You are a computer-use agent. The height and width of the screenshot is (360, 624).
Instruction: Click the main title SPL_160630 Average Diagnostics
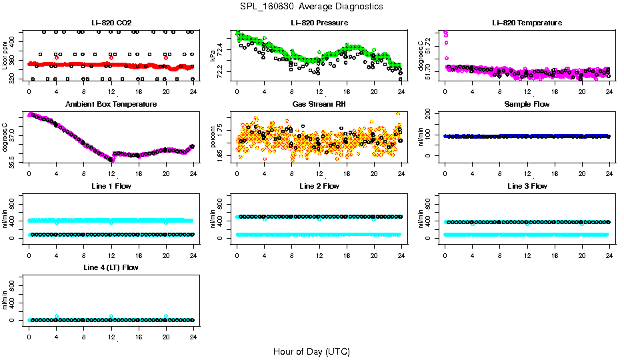tap(311, 7)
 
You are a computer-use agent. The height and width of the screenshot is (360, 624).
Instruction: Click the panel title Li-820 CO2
tap(111, 23)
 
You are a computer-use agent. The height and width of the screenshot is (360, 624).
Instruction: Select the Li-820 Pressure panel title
tap(319, 23)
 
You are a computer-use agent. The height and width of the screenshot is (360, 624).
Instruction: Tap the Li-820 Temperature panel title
tap(527, 23)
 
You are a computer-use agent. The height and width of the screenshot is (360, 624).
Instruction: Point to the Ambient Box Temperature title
tap(111, 105)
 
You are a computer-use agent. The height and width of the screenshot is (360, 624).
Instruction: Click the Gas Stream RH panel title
tap(319, 105)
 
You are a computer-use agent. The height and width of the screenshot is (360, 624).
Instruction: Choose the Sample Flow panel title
tap(527, 105)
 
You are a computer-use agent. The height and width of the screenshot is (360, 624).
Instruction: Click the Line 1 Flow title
tap(111, 186)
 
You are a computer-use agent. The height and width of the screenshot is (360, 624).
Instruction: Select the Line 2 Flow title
tap(319, 186)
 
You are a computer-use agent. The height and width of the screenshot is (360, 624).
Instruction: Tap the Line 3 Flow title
tap(527, 186)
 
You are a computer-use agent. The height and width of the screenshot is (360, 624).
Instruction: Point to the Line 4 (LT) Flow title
tap(111, 267)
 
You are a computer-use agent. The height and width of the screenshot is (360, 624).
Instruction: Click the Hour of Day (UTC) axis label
tap(311, 351)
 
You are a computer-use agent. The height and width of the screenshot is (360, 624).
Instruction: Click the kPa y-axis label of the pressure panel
tap(213, 55)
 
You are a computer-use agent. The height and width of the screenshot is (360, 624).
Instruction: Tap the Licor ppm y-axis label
tap(5, 55)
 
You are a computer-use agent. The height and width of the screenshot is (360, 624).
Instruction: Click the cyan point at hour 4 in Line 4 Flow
tap(57, 316)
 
